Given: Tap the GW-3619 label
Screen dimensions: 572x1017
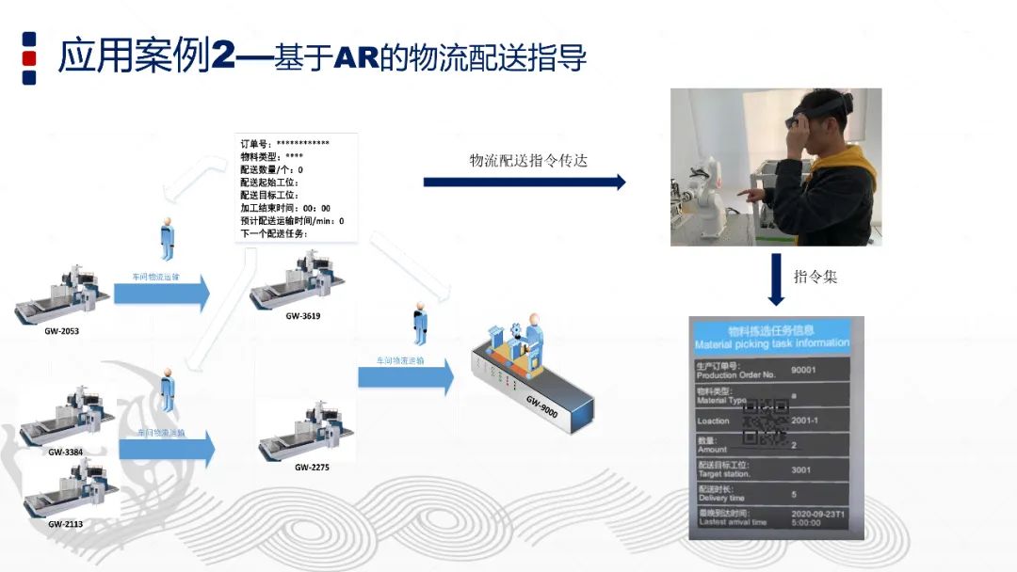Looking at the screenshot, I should pos(302,316).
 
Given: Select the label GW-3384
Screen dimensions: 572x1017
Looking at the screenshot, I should pos(65,452).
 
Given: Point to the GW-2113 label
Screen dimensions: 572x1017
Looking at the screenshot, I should pos(65,523).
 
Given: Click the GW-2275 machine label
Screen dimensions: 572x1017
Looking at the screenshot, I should pos(312,467).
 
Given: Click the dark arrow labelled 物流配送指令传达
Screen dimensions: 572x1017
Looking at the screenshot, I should pos(524,182).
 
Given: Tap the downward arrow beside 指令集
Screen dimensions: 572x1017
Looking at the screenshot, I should pos(776,279).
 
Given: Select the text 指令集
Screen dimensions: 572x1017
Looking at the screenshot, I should pos(815,277).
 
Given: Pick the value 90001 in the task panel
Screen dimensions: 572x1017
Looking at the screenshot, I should pos(804,370).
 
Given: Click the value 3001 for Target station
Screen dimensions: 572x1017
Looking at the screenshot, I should pos(801,469).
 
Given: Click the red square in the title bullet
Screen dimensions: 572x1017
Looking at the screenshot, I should pos(29,57).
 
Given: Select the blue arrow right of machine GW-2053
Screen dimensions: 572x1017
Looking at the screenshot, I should pos(161,293).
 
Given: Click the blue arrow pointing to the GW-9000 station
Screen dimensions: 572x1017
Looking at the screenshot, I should pos(405,375).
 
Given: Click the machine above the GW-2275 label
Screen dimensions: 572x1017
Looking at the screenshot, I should pos(305,433).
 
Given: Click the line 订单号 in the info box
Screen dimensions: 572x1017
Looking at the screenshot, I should pos(285,144).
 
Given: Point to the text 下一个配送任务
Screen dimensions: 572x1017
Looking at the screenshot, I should pos(274,233).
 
